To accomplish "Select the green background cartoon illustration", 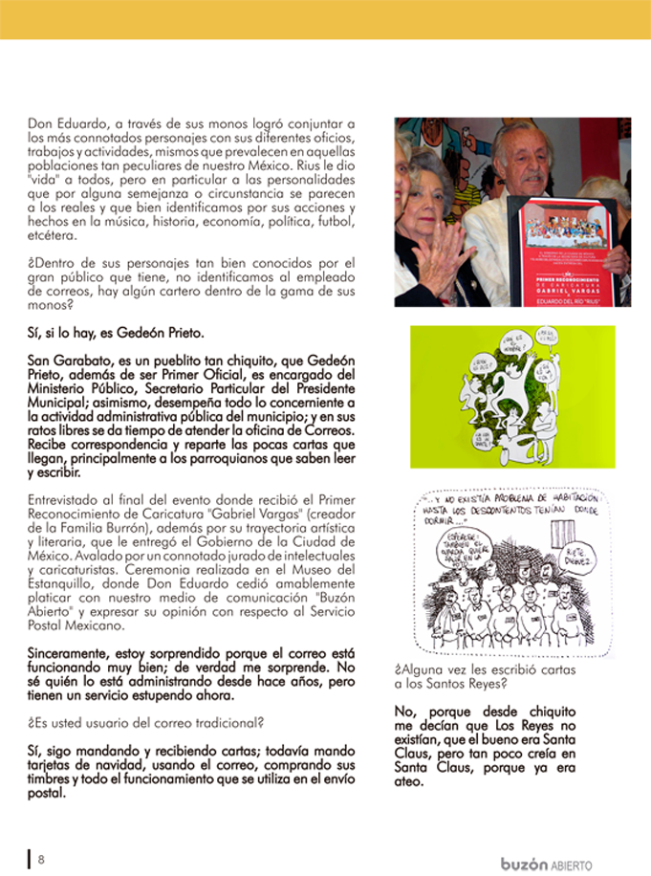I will click(512, 397).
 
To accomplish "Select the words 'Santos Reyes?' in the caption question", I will click(446, 684).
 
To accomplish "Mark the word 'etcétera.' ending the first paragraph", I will click(54, 235).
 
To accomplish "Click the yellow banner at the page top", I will click(325, 19).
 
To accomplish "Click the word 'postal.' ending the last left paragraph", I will click(47, 792).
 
